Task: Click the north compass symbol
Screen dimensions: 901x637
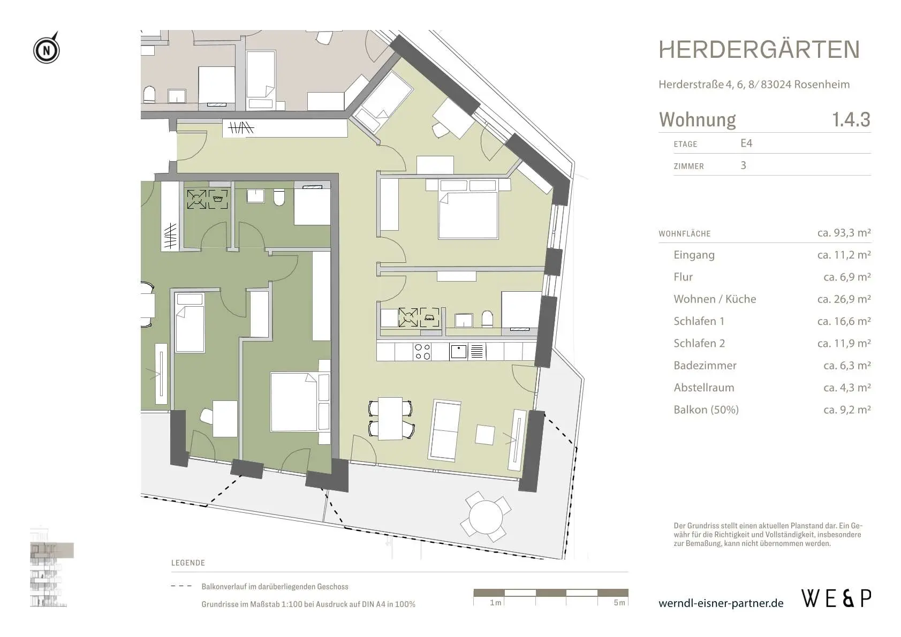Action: [46, 49]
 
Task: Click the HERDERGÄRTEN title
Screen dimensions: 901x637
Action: [759, 50]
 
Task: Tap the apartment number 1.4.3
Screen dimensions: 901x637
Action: [851, 119]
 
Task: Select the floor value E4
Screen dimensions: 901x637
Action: [746, 143]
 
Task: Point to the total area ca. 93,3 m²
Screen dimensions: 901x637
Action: [844, 233]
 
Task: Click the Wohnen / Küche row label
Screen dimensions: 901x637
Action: [715, 299]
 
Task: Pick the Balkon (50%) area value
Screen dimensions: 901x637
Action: [847, 410]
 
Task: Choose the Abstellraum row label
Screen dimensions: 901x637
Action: [704, 388]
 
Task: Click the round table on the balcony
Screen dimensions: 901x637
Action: [486, 517]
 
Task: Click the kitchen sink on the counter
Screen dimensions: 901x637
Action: [459, 352]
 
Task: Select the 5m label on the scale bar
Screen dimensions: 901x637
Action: [619, 602]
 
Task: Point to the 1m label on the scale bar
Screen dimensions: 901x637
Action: [496, 602]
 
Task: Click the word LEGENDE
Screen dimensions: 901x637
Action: [188, 563]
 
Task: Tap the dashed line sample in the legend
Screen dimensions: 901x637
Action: [181, 586]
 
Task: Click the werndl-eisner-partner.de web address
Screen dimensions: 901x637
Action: [721, 603]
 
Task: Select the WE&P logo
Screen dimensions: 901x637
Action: [836, 599]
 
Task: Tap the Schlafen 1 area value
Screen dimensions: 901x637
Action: [844, 321]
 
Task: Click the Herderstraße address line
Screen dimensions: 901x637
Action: [754, 85]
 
